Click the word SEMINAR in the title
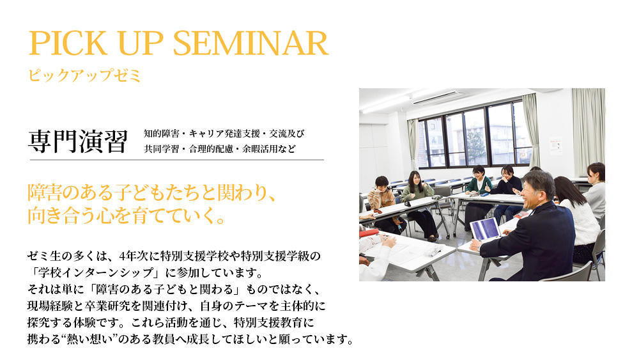(250, 43)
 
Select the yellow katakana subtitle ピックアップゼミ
(84, 76)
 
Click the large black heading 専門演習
(78, 141)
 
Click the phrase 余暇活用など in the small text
(269, 149)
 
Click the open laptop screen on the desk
(485, 229)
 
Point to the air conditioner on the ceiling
(438, 98)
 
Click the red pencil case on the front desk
(369, 233)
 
